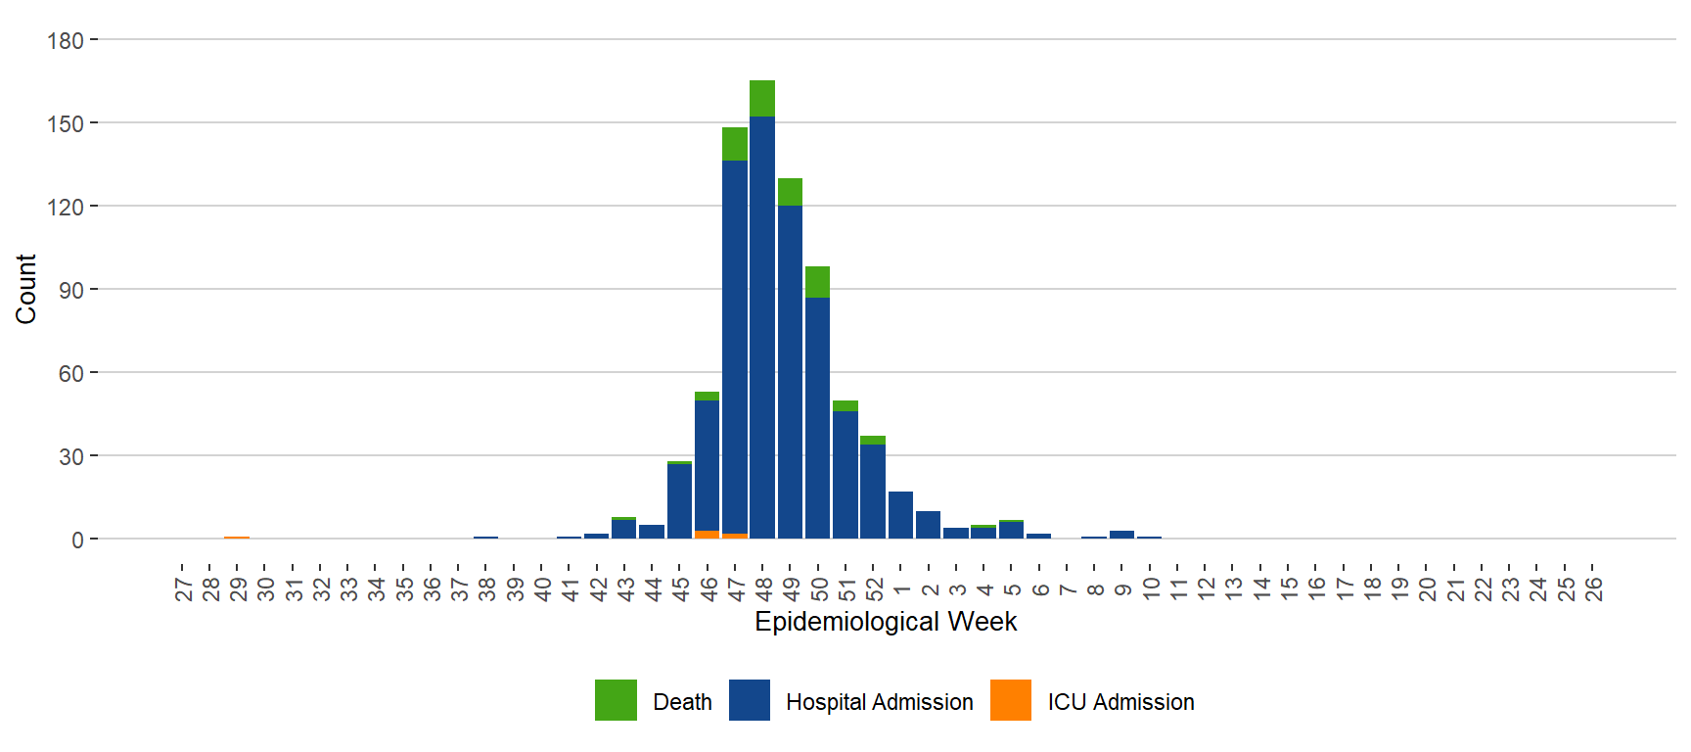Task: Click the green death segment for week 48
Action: [762, 98]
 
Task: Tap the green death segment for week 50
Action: [817, 281]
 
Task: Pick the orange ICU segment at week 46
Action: [707, 535]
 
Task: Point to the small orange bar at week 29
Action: [237, 538]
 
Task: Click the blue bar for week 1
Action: [900, 515]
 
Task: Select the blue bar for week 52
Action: [873, 491]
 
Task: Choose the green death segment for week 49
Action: [790, 192]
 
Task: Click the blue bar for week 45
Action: [679, 500]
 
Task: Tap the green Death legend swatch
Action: [616, 700]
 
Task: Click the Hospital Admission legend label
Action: [879, 702]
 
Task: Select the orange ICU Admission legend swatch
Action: [1011, 700]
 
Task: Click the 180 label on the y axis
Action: [66, 40]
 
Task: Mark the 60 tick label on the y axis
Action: [70, 373]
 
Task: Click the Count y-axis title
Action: [25, 289]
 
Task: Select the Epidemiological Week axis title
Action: [886, 622]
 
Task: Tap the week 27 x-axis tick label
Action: [183, 588]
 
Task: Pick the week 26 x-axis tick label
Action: [1593, 588]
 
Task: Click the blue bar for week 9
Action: [1121, 535]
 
